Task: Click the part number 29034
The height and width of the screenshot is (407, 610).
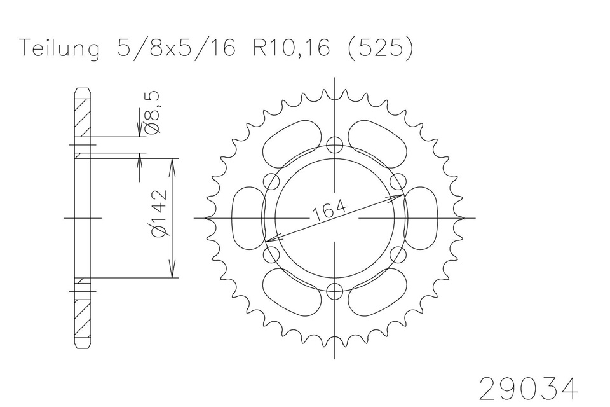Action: click(x=528, y=388)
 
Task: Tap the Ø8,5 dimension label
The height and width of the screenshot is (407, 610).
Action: click(x=152, y=113)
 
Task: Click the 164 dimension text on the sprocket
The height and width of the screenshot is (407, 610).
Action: click(x=329, y=211)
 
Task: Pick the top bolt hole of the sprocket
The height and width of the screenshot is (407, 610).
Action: click(x=335, y=145)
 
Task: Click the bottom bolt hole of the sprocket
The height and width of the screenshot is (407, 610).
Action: click(x=335, y=291)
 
